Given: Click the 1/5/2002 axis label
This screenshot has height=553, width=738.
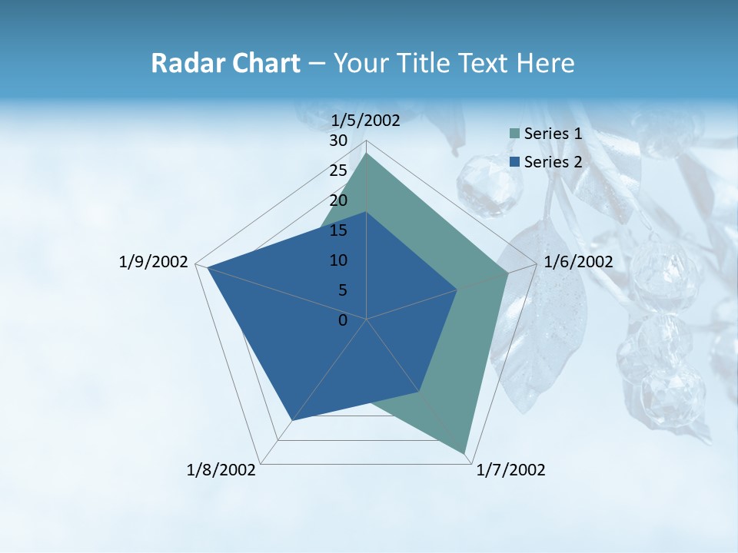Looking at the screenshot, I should coord(365,120).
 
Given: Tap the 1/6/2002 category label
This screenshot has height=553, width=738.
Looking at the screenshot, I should coord(578,262).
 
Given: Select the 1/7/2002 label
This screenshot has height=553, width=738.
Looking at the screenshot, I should coord(510,470).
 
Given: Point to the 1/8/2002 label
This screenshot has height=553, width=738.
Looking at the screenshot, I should coord(221,470).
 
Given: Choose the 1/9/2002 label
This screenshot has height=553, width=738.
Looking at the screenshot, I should coord(153,262).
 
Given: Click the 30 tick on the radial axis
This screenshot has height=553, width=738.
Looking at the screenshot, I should coord(338,141).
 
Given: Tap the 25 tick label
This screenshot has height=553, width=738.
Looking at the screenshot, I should coord(338,171).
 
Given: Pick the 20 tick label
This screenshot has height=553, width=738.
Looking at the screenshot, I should coord(338,200).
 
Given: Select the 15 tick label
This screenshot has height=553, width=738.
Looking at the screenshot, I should coord(338,230).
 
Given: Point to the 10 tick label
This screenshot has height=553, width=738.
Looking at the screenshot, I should coord(338,260).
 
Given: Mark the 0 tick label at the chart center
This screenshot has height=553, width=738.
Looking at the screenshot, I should coord(343,320).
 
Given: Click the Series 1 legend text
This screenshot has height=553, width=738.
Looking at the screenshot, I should coord(553,134).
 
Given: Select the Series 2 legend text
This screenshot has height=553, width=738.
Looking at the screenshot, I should coord(553,161).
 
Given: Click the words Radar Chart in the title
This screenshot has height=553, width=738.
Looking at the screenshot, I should coord(225,63).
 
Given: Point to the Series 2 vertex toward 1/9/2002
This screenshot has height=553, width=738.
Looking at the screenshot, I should coord(208,268).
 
